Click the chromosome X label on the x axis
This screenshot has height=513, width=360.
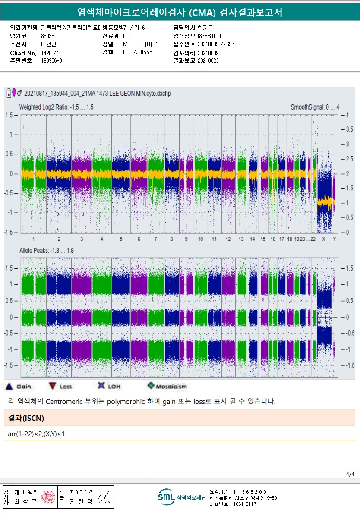pos(324,239)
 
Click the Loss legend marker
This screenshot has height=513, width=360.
pos(53,386)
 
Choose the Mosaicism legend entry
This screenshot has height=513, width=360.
pos(151,386)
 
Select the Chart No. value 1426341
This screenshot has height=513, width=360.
pos(50,53)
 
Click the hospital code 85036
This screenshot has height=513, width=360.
pos(47,36)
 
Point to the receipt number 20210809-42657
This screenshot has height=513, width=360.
pos(216,44)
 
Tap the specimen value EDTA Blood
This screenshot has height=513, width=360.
pos(137,53)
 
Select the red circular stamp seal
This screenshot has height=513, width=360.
pos(48,497)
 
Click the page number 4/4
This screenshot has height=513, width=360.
pos(350,475)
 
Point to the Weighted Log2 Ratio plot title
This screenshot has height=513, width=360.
pos(56,107)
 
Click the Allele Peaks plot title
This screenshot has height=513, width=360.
pos(46,251)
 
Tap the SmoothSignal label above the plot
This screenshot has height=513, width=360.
pos(315,107)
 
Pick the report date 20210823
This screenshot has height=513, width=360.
pos(208,61)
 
